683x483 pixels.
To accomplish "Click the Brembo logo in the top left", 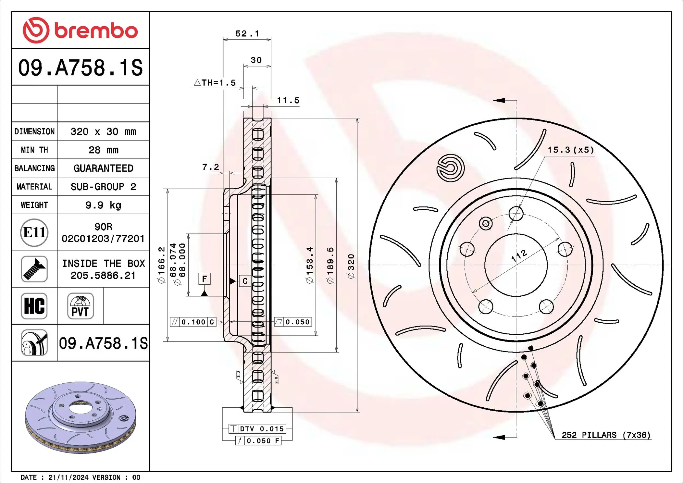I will (x=80, y=30).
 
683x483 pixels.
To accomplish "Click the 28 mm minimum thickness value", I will (x=103, y=150).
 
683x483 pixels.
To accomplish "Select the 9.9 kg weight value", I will (x=103, y=205).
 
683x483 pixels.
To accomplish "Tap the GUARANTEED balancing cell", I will (x=103, y=168).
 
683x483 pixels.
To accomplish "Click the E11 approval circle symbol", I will (x=34, y=232).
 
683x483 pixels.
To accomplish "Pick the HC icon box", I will (x=34, y=306).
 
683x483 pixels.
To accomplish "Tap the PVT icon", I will (x=80, y=306).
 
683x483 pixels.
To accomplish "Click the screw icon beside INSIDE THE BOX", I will (x=34, y=269).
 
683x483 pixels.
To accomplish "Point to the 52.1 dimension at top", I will (x=247, y=34).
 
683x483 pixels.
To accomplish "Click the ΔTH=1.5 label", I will (x=215, y=83).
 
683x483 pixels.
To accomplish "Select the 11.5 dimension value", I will (x=288, y=101).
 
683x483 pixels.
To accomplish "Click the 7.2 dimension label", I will (x=210, y=167).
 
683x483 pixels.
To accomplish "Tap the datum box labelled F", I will (x=204, y=279).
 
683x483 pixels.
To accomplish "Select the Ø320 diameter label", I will (x=351, y=266).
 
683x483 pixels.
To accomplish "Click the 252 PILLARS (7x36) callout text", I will (x=606, y=435).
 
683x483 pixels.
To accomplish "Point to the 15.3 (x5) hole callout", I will (x=571, y=150).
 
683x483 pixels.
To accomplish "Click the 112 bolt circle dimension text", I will (x=519, y=255).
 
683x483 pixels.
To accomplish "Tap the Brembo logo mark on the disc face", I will (x=451, y=168).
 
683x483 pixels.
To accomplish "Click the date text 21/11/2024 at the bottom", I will (x=68, y=477).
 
